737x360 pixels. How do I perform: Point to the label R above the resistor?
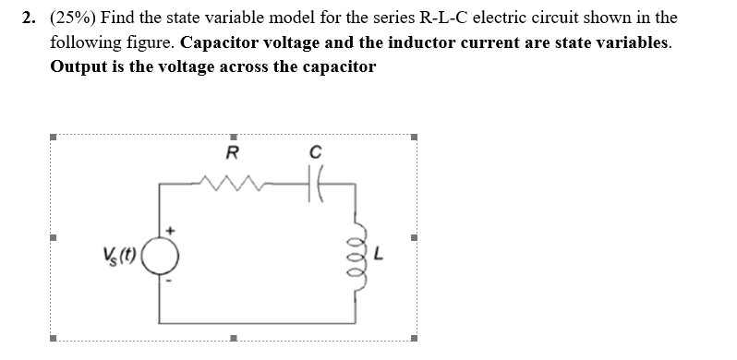tap(232, 152)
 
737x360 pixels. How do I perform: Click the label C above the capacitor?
tap(315, 152)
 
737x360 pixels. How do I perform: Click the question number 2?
tap(30, 18)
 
